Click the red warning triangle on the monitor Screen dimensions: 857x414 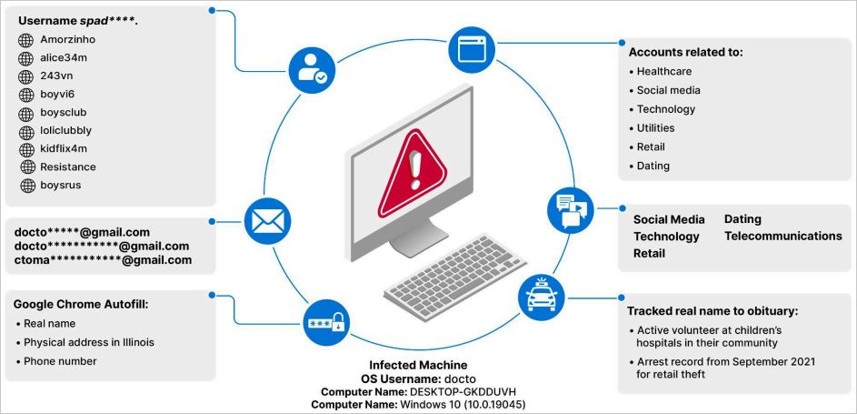point(412,173)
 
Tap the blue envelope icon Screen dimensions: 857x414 point(267,221)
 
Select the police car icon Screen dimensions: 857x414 point(541,297)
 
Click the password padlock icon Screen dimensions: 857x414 point(326,323)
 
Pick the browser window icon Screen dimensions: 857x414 point(472,50)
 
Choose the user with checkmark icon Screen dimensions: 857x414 point(312,70)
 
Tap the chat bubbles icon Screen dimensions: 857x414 point(571,210)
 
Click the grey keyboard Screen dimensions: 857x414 point(454,277)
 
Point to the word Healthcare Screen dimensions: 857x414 point(664,72)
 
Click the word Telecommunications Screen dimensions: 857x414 point(783,237)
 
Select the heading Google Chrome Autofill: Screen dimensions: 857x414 point(80,305)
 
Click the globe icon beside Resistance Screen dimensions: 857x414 point(27,167)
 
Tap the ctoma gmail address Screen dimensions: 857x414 point(104,260)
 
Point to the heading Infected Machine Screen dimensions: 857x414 point(419,365)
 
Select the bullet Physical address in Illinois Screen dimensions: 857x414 point(88,342)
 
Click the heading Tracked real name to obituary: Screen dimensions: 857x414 point(713,311)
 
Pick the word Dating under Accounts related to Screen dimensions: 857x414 point(653,166)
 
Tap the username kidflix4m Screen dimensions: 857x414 point(64,148)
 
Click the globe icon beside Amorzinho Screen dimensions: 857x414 point(25,40)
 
